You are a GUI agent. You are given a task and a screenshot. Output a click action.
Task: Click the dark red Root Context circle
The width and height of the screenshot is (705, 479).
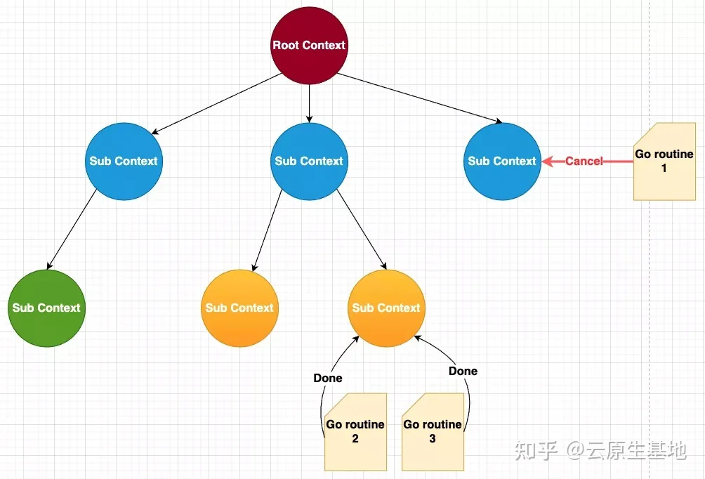coord(310,46)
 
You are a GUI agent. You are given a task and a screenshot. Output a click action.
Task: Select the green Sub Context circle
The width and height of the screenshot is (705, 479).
coord(46,308)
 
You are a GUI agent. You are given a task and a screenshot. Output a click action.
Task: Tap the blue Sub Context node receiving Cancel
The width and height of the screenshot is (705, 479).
coord(502,161)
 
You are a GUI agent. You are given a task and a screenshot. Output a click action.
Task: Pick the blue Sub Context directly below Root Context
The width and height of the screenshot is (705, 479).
coord(310,161)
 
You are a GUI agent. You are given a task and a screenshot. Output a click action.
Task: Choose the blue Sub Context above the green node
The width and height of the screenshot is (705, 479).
coord(124,161)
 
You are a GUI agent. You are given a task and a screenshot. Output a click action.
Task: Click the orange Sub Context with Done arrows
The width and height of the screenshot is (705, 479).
coord(386,308)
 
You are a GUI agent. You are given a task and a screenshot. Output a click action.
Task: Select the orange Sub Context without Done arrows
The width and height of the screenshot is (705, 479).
coord(239,308)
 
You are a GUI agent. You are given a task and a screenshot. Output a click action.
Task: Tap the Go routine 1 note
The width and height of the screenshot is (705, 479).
coord(664,162)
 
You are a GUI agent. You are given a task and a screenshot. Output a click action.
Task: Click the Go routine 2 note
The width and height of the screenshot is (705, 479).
coord(355,432)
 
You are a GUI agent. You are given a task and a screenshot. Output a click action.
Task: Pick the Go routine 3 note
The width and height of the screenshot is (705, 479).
coord(433,432)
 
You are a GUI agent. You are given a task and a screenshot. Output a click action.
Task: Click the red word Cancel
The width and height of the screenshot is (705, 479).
coord(584,161)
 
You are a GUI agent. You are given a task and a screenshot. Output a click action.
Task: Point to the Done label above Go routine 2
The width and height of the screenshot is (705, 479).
coord(328,379)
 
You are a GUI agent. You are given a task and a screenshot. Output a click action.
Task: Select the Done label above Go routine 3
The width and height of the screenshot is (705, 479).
coord(463,371)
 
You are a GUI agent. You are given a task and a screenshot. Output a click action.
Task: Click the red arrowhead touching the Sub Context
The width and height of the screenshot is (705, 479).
coord(547,161)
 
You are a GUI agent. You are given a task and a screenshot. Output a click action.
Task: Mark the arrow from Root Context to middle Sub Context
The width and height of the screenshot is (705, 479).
coord(310,103)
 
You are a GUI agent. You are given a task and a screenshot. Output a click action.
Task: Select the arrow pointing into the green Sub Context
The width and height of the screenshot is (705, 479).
coord(72,230)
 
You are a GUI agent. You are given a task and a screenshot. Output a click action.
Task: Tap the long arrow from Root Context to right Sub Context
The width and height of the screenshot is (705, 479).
coord(419,98)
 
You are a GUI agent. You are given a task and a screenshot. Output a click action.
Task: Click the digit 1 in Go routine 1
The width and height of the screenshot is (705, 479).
coord(664,169)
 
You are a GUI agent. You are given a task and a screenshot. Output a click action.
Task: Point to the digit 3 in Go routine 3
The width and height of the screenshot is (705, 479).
coord(433,438)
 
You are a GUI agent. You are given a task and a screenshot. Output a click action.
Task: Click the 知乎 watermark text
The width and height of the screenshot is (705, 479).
coord(536,450)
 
